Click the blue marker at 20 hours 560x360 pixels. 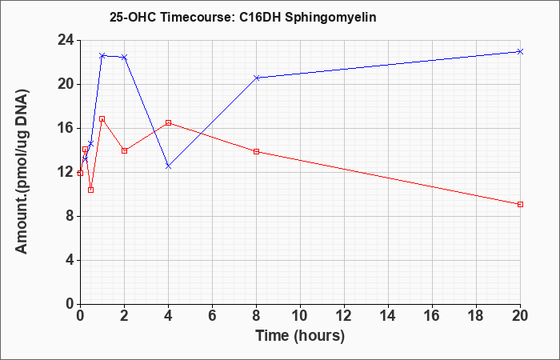pos(520,51)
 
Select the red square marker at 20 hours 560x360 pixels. pos(520,204)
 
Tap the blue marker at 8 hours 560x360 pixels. pos(256,78)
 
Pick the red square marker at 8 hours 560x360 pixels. pos(256,151)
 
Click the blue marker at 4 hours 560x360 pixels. pos(168,166)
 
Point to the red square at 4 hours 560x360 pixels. pos(168,123)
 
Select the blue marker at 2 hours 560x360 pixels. pos(124,57)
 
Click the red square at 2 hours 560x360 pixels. pos(124,150)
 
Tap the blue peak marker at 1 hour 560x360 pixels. pos(102,56)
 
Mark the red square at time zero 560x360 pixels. pos(80,174)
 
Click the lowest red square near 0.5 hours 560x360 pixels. pos(90,190)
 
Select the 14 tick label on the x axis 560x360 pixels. pos(388,316)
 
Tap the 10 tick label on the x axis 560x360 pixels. pos(300,316)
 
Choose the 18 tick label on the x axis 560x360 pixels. pos(476,316)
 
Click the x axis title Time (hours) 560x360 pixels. pos(300,336)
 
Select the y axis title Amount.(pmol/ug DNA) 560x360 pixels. pos(22,172)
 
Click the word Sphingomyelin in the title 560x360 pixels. pos(330,17)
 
